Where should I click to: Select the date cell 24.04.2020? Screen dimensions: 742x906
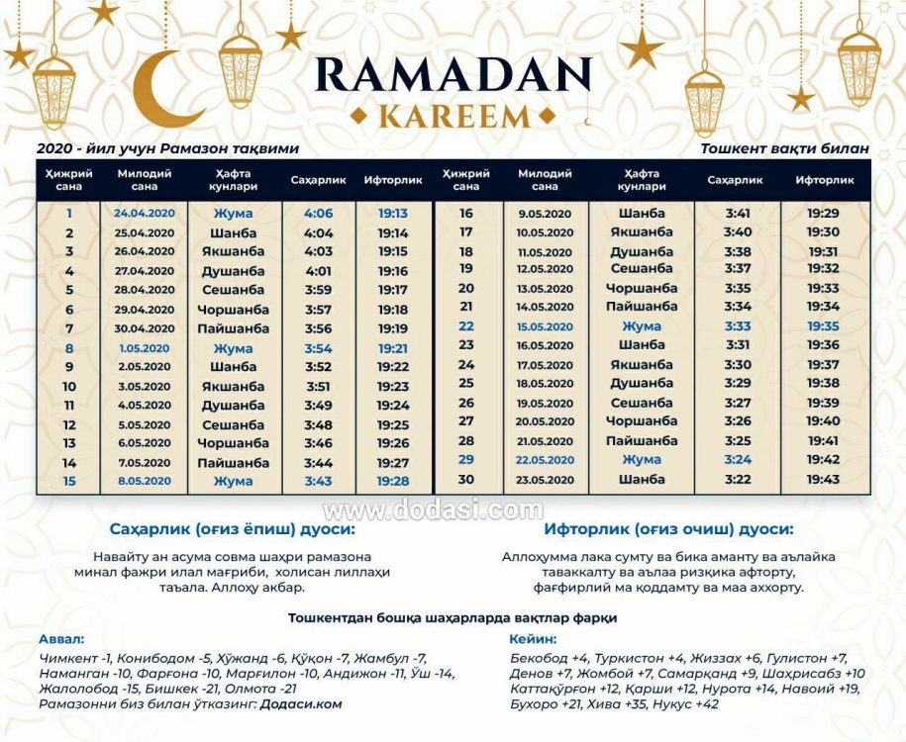(144, 214)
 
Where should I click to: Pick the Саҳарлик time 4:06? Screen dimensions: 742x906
(318, 214)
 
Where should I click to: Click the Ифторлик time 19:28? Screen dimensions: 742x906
(393, 481)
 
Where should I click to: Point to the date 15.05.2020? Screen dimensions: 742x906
(545, 326)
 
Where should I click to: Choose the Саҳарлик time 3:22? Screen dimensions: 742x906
(738, 480)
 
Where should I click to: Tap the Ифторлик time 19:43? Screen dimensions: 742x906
(823, 480)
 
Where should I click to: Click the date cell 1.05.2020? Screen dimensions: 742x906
(144, 348)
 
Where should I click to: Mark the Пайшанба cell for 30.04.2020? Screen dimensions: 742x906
(233, 328)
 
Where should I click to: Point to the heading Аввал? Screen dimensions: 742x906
(61, 639)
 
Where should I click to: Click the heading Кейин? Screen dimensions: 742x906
(533, 639)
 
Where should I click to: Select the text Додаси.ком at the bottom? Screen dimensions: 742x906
(301, 704)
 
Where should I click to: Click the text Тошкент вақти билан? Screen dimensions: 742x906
(784, 148)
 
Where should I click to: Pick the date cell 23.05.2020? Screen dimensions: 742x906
(545, 480)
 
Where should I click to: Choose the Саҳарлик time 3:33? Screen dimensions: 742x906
(738, 326)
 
